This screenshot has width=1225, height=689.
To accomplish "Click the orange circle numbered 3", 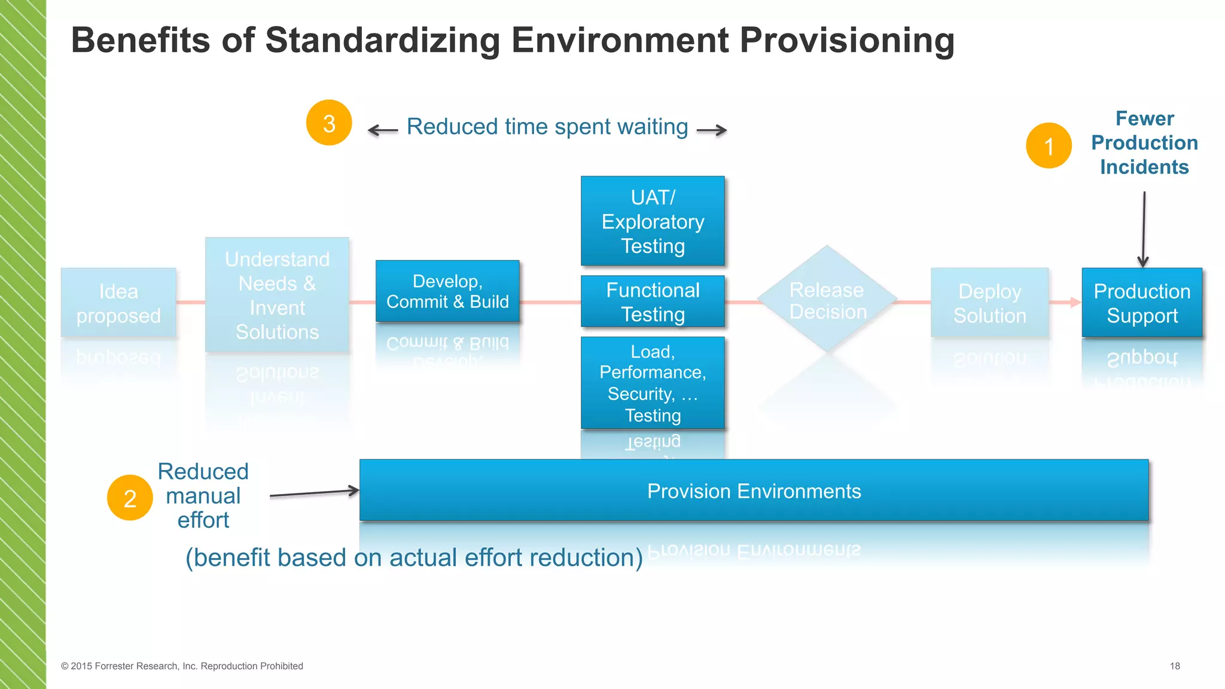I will [328, 123].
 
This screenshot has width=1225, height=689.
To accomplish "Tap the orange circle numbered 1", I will [1049, 146].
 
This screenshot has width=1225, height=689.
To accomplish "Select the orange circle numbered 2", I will [130, 498].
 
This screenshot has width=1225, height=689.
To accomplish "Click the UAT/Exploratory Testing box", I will [653, 221].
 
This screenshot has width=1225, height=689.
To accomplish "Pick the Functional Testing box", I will [653, 301].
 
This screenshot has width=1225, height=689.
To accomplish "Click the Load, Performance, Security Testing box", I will [653, 383].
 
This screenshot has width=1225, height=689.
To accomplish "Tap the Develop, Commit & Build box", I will [447, 291].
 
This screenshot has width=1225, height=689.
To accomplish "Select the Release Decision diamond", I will [827, 299].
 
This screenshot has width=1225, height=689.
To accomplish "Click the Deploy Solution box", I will [989, 303].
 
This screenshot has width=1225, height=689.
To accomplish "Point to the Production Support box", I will [1142, 303].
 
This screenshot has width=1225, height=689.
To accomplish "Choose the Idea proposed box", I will [118, 303].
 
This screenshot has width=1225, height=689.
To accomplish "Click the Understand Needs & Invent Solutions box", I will [277, 295].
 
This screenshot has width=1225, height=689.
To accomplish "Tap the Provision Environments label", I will [754, 491].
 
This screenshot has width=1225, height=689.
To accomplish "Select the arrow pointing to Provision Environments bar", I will [314, 493].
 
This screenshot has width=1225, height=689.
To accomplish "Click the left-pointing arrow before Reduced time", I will [383, 130].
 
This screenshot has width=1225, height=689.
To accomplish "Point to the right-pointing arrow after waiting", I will [712, 130].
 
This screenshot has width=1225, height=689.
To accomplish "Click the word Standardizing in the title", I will [382, 40].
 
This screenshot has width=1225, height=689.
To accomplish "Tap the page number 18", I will [1175, 666].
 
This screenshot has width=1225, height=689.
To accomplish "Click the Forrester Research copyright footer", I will [182, 666].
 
